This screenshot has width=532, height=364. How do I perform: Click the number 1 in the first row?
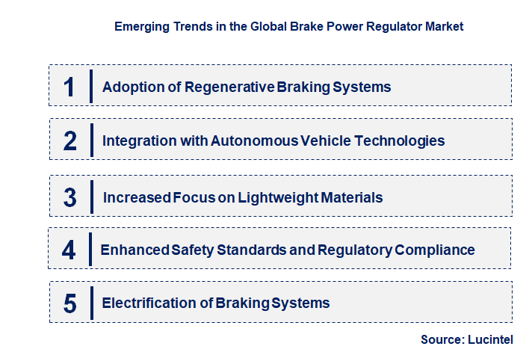pyautogui.click(x=69, y=87)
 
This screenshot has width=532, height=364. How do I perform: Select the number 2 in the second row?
pyautogui.click(x=69, y=141)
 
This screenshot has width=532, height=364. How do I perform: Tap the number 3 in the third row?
pyautogui.click(x=69, y=197)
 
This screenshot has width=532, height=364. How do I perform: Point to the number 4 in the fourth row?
pyautogui.click(x=69, y=250)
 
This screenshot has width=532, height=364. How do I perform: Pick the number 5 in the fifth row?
pyautogui.click(x=69, y=303)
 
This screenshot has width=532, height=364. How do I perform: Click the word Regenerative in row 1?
pyautogui.click(x=233, y=87)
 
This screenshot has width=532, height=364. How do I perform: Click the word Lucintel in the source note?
pyautogui.click(x=490, y=339)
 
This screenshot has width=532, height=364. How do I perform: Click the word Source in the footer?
pyautogui.click(x=440, y=339)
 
